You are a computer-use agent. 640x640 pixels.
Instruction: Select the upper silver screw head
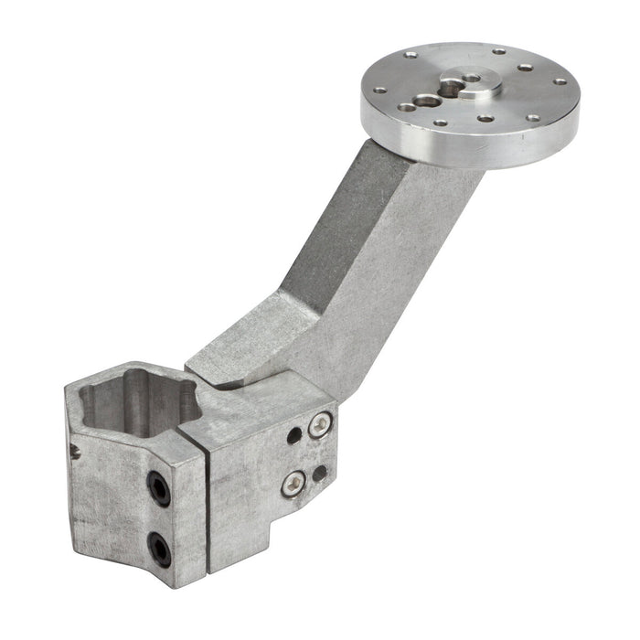[318, 424]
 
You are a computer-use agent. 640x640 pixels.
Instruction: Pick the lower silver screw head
[293, 483]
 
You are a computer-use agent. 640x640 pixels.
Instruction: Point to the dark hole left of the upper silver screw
[294, 435]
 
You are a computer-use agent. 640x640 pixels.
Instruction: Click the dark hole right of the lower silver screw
[320, 473]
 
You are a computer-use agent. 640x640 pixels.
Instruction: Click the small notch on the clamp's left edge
[73, 448]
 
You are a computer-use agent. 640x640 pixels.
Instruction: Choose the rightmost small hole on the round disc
[560, 80]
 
